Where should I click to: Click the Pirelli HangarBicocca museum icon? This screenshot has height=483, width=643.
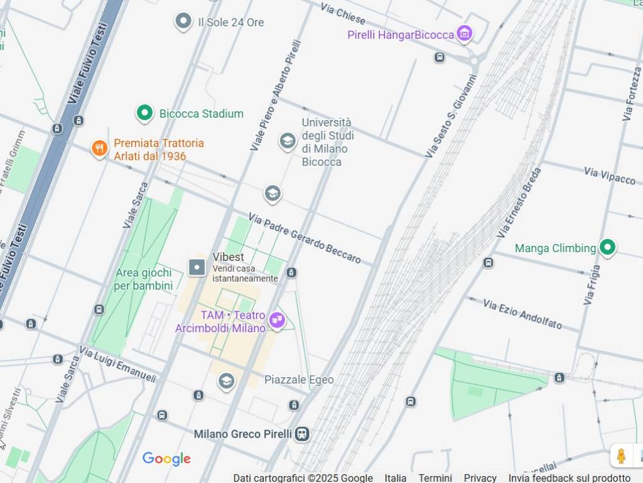point(464,33)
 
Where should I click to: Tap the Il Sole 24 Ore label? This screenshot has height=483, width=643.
point(230,23)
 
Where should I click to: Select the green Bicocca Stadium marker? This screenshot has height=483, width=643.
point(145,113)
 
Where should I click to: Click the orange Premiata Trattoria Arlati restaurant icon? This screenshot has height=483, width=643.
point(99,149)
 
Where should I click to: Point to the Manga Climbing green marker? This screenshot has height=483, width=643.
point(607,248)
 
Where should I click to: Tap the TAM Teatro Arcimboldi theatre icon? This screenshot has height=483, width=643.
point(276,321)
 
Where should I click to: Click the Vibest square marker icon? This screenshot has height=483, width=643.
point(197,267)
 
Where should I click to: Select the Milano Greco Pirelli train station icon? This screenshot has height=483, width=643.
point(303,434)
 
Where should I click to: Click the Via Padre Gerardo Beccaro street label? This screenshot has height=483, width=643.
point(305,238)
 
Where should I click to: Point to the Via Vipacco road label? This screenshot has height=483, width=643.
point(609,175)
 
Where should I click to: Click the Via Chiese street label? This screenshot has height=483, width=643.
point(342,13)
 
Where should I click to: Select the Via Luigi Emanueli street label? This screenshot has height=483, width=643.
point(117,364)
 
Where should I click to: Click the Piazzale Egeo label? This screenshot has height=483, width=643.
point(299,380)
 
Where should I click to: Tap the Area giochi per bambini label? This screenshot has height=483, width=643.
point(143,279)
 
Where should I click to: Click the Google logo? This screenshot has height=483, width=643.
point(166,459)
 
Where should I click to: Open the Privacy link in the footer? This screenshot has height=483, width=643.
point(480,478)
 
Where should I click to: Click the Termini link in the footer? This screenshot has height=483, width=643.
point(435,478)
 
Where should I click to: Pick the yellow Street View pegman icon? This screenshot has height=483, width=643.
point(621,456)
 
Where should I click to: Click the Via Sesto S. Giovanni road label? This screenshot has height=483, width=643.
point(451,116)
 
